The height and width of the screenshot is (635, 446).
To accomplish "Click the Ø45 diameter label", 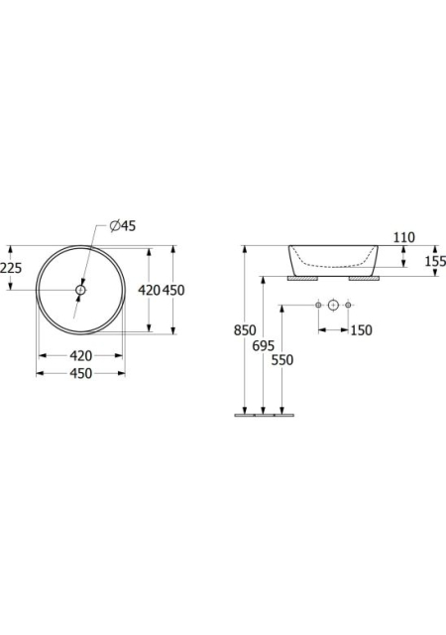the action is point(123,226).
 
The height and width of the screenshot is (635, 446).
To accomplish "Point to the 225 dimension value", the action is point(11,268).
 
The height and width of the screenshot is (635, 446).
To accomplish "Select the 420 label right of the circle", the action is point(150,290).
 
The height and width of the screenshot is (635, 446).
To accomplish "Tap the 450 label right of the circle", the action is point(173,290).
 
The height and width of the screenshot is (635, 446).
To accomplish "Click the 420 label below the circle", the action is point(81,356).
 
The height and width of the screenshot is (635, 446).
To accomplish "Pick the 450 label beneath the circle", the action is point(81,373).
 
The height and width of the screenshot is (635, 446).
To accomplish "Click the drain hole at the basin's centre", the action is point(80,290).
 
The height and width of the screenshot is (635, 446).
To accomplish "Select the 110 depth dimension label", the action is point(404,237).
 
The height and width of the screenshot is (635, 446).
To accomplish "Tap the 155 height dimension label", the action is point(435,261).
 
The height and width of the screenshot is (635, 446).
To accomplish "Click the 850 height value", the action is point(245,330).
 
